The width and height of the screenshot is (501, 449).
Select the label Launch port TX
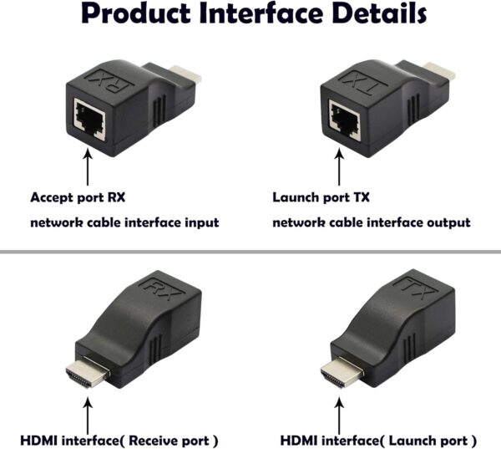(321, 198)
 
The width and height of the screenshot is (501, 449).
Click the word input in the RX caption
(201, 222)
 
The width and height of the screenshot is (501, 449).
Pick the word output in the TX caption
(448, 222)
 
